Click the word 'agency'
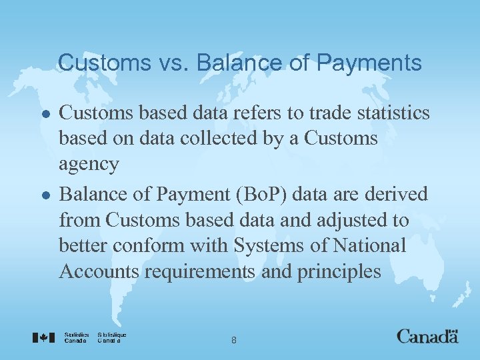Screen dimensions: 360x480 coord(89,165)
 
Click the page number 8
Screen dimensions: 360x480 coord(233,340)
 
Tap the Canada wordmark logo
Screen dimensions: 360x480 coord(427,336)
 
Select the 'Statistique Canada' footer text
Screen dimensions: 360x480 coord(111,337)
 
